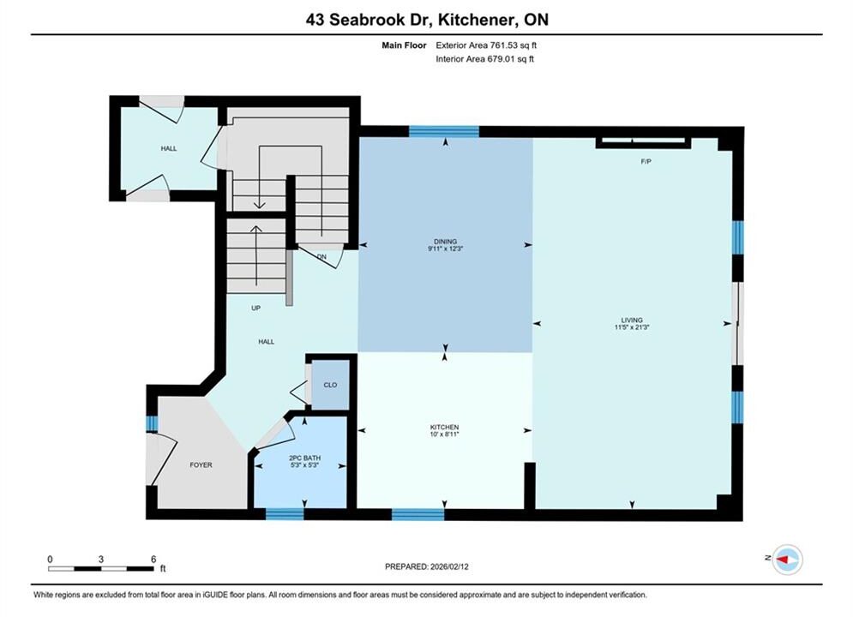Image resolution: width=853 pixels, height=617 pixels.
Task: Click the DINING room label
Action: pos(445,242)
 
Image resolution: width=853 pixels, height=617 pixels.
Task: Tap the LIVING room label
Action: pos(632,320)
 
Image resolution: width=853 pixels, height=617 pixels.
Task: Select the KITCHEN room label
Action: pos(444,428)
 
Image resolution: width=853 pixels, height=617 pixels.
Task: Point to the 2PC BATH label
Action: pos(304,458)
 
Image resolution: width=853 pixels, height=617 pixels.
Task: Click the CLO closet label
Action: pos(330,385)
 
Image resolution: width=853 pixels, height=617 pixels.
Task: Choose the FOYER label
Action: pos(201,464)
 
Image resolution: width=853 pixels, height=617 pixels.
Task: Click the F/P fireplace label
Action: pos(646,161)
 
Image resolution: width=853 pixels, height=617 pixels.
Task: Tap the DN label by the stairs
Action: pos(321,256)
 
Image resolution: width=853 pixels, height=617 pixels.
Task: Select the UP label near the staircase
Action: pos(255,308)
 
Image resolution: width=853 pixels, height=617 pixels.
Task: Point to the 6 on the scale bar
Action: pos(153,559)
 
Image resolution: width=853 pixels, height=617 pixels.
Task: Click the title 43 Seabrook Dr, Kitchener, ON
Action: pos(427,20)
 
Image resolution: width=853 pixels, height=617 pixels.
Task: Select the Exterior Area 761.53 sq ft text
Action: pos(486,45)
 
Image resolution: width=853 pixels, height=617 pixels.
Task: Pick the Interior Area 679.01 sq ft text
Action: pos(484,59)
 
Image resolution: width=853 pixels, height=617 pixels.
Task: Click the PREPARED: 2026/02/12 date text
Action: pos(427,566)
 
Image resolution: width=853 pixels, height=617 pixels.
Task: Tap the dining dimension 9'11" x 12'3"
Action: pos(445,249)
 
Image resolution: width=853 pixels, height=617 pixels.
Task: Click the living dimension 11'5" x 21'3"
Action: pos(632,327)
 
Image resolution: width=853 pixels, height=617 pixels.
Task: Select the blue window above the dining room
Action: pos(444,132)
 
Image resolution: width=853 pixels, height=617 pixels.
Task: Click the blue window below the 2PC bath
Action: pos(285,513)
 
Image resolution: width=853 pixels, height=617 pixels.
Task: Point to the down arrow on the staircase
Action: pos(260,177)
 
